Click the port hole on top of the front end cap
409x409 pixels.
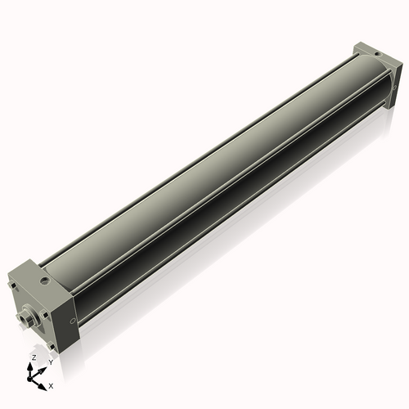click(x=47, y=279)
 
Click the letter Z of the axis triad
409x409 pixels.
click(x=33, y=358)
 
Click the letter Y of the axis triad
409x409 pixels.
click(x=51, y=362)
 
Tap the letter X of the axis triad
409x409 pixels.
click(x=51, y=384)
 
